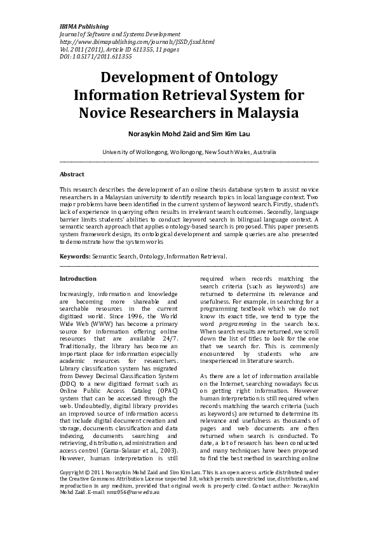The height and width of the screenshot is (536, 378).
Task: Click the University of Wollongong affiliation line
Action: click(189, 153)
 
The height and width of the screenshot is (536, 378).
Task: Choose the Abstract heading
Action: click(72, 174)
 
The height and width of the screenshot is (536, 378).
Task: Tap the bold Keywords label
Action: click(75, 256)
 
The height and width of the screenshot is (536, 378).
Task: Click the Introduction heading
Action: click(78, 279)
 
